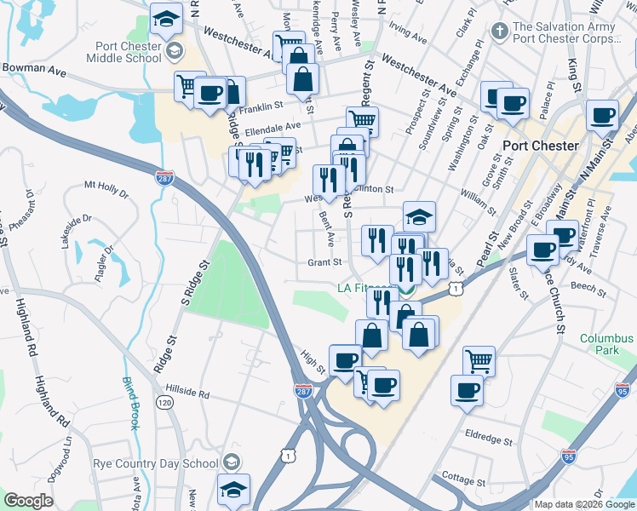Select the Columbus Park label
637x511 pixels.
pos(607,344)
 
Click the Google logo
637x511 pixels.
pos(27,501)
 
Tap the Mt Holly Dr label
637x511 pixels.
pos(106,188)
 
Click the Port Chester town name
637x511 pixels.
pos(540,145)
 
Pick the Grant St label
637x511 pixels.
pos(324,262)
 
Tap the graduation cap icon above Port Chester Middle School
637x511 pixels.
pos(165,17)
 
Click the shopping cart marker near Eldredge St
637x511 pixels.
pos(479,361)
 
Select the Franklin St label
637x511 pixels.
pos(261,106)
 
